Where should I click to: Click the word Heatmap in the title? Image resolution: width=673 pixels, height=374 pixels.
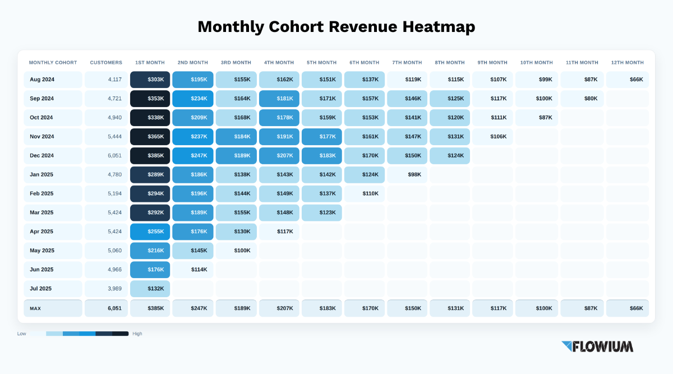tap(439, 27)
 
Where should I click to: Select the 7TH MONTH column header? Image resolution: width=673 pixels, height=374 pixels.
tap(407, 62)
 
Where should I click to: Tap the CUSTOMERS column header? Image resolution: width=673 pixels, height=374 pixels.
tap(106, 62)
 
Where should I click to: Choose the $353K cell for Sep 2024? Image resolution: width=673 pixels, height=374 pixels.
tap(150, 99)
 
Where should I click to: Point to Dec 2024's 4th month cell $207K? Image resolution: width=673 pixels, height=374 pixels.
tap(279, 156)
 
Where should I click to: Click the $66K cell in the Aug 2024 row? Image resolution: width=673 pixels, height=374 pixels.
tap(628, 80)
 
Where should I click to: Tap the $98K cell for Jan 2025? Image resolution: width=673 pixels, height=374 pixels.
tap(407, 174)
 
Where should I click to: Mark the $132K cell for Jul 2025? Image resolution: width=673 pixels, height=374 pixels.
tap(150, 289)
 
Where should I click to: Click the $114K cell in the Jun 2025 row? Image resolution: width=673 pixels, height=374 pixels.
tap(193, 270)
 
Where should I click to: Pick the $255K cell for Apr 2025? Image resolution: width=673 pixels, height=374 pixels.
tap(150, 232)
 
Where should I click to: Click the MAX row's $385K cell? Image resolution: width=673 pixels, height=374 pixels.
tap(150, 308)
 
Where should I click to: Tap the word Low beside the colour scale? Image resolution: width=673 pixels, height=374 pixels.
tap(22, 334)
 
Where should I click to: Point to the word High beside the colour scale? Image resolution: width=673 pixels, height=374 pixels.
tap(137, 334)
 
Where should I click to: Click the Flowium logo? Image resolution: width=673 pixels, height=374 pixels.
tap(597, 347)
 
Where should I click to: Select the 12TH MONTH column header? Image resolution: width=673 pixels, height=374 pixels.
tap(628, 62)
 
